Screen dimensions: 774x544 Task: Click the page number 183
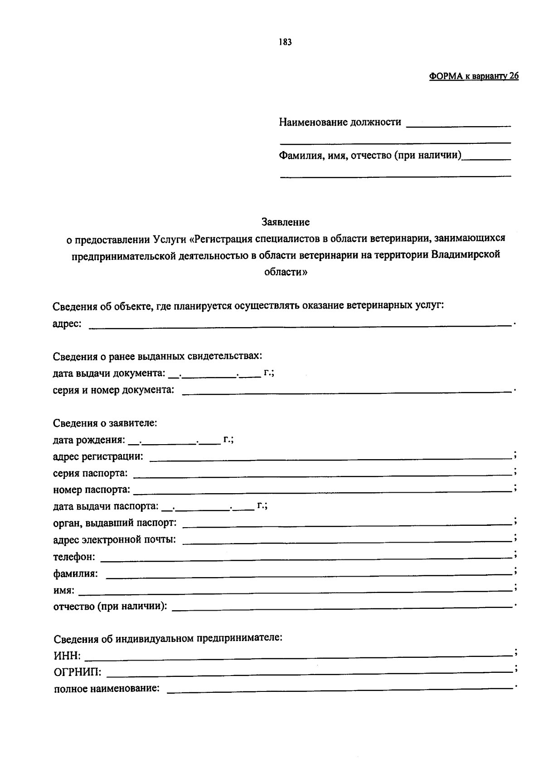285,42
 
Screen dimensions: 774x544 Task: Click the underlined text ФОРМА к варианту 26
474,76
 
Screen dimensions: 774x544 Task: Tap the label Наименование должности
340,122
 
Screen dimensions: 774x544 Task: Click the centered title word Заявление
286,222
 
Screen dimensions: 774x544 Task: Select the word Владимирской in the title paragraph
466,255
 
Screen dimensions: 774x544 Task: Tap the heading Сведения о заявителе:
105,423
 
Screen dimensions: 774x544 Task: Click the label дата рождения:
89,440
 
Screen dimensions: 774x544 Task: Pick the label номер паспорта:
92,490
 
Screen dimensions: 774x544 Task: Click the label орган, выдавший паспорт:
115,523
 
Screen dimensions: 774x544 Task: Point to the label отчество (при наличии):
110,606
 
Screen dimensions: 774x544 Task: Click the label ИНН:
68,656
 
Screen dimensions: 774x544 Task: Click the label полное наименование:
107,689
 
